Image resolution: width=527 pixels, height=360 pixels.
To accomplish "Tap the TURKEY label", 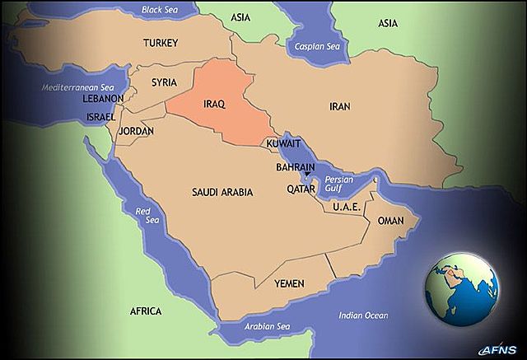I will [x=161, y=43].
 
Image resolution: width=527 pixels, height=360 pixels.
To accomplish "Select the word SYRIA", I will [x=165, y=82].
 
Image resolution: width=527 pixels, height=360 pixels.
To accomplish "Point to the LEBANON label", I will [x=103, y=99].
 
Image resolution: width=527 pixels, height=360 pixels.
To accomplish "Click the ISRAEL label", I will [x=100, y=117].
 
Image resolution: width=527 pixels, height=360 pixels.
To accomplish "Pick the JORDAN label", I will [x=136, y=131].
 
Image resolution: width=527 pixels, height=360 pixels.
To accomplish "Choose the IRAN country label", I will [x=340, y=107].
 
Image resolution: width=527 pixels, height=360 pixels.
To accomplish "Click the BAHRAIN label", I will [x=296, y=167].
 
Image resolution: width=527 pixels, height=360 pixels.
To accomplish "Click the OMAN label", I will [x=390, y=221].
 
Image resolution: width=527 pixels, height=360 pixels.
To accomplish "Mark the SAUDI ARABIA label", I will [x=222, y=192].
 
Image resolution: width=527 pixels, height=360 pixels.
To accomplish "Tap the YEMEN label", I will [x=289, y=283].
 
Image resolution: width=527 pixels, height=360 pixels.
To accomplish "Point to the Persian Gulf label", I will [x=339, y=184].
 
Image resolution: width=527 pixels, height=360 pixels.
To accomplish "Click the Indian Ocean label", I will [x=362, y=316].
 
